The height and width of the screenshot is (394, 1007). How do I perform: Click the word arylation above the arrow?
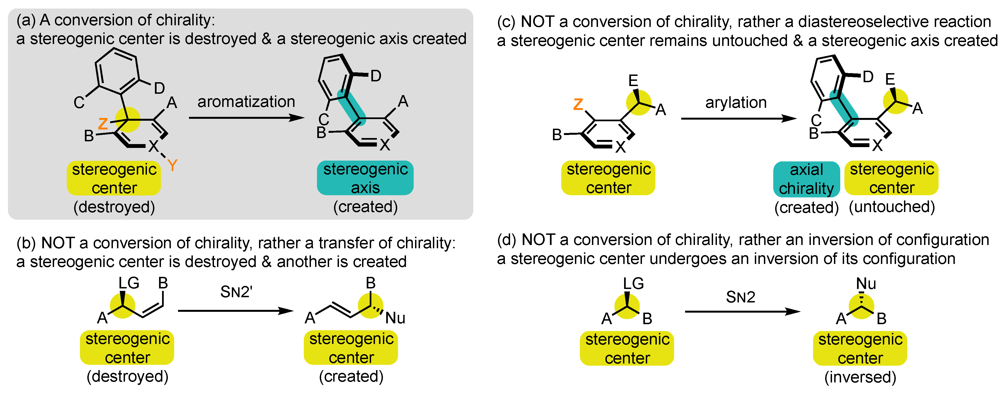736,103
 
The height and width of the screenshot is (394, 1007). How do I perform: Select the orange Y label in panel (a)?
173,166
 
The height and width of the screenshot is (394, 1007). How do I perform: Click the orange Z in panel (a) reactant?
103,124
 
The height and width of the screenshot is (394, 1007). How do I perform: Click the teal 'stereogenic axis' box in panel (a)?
365,178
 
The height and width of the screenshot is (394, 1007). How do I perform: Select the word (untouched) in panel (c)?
892,206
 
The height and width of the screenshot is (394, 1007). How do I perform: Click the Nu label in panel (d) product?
866,284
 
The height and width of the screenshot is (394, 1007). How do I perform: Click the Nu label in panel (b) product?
395,318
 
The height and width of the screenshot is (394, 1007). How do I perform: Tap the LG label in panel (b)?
129,283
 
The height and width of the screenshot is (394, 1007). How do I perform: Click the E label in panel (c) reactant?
633,81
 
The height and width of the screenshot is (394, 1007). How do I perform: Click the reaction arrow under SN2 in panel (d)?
742,312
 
